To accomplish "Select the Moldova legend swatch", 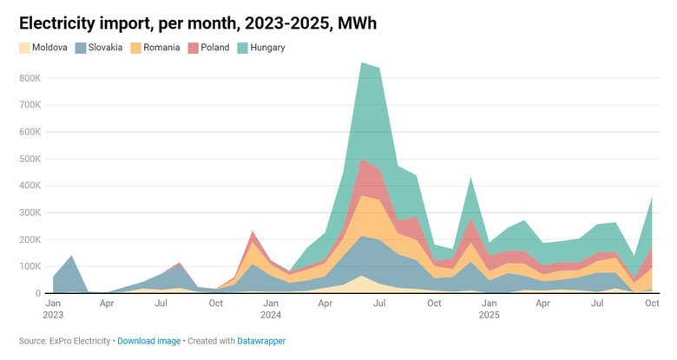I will coord(25,47).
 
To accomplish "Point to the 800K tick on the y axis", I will coord(29,78).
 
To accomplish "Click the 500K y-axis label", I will coord(29,159).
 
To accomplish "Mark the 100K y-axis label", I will coord(29,266).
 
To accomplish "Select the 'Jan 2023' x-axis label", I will coord(53,310).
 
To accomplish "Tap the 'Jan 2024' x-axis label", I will coord(271,310).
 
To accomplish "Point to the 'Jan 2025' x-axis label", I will coord(489,310).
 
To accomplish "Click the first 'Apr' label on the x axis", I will coord(107,304).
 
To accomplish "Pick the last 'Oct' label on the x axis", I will coord(652,304).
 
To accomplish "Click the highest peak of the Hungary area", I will coord(362,63).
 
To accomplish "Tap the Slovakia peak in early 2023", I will coord(71,256).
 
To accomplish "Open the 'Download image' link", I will coord(148,341).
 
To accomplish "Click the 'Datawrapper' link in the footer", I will coord(261,341).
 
